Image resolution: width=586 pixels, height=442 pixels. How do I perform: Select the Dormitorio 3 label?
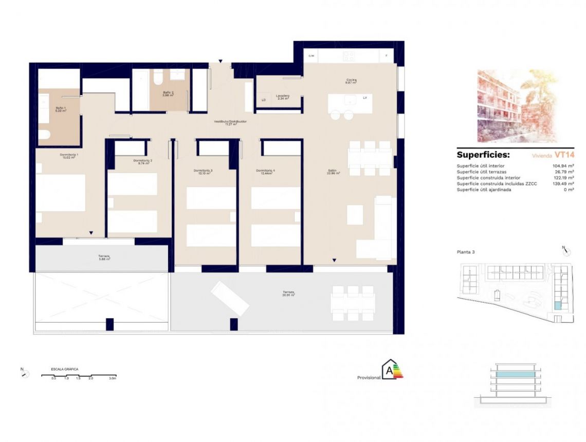pyautogui.click(x=203, y=172)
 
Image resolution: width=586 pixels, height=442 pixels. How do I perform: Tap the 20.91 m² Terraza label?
pyautogui.click(x=288, y=293)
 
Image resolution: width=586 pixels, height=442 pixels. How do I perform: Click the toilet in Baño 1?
pyautogui.click(x=44, y=135)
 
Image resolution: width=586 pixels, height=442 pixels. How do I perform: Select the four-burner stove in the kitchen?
pyautogui.click(x=349, y=56)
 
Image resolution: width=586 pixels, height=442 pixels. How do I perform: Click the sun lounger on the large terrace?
pyautogui.click(x=230, y=298)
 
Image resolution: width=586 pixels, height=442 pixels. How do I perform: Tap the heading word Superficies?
pyautogui.click(x=483, y=155)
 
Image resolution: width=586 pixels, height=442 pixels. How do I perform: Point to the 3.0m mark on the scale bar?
pyautogui.click(x=113, y=378)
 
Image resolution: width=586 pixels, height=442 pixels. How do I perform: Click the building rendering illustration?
pyautogui.click(x=517, y=106)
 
